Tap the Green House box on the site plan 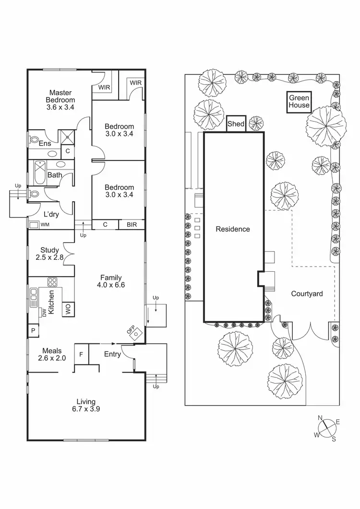tap(299, 102)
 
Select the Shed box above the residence tap(236, 124)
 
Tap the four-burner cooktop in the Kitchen tap(52, 282)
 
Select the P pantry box tap(34, 331)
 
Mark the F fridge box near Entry tap(81, 354)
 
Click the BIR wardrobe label tap(132, 224)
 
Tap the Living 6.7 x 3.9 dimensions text tap(86, 410)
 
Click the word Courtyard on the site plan tap(307, 294)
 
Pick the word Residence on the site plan tap(233, 229)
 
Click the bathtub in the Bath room tap(39, 172)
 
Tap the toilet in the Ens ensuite tap(34, 139)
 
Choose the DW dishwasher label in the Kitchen tap(44, 313)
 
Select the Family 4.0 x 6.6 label tap(110, 281)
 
